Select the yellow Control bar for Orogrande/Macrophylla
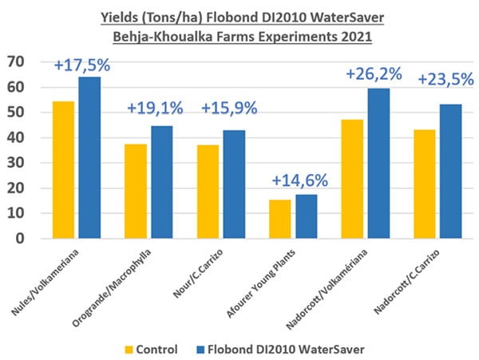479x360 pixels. (137, 192)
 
